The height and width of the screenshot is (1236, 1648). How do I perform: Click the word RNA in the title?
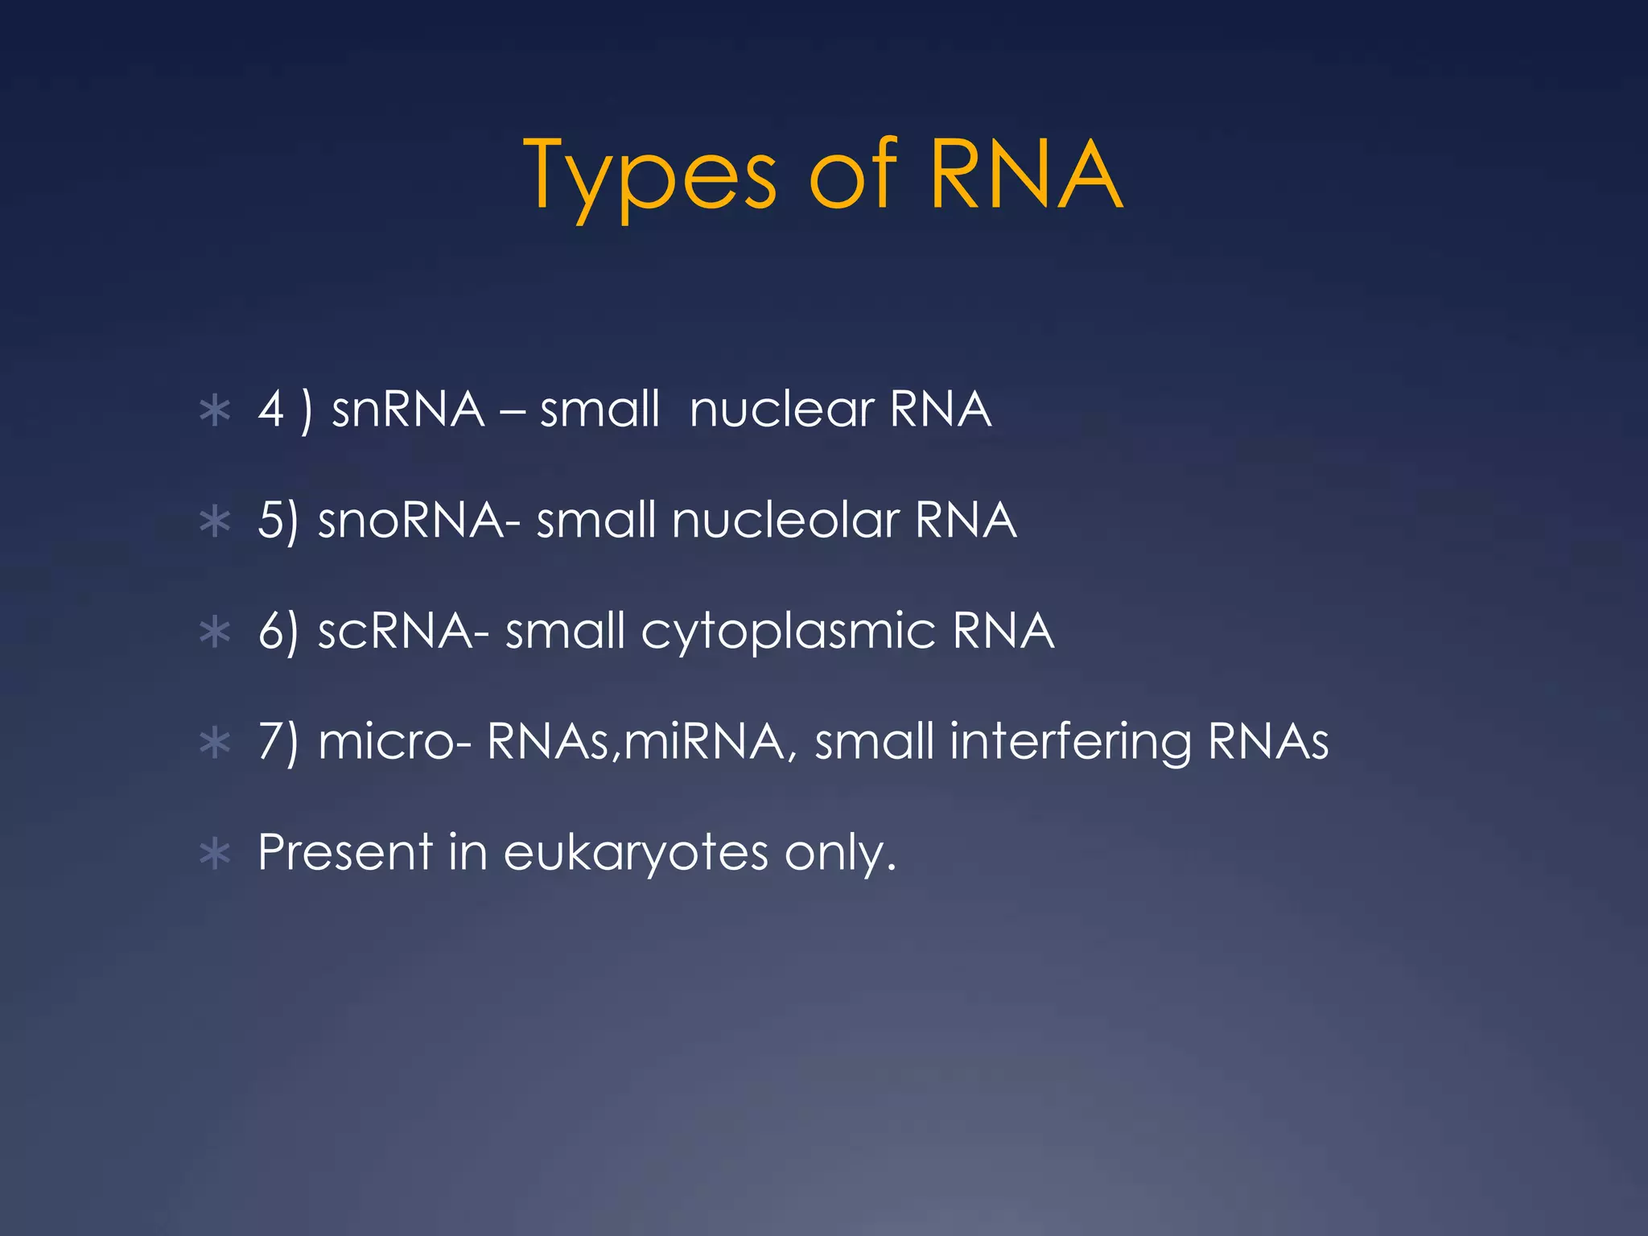[1025, 175]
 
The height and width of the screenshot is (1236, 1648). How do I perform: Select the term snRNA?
[408, 410]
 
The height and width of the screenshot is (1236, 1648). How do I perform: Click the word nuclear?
[781, 410]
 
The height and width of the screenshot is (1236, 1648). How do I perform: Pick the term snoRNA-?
[419, 521]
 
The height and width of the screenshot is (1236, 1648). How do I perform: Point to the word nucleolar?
[785, 521]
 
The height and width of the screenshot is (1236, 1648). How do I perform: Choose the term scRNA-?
[403, 631]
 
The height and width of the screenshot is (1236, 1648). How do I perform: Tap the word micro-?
[394, 742]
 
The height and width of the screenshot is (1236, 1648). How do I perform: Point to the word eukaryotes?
[636, 854]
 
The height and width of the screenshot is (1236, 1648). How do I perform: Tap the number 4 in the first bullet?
[272, 410]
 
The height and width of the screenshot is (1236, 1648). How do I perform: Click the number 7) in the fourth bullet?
[278, 742]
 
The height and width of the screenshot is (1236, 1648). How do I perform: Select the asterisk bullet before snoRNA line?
[215, 521]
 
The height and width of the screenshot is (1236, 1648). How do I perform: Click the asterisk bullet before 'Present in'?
[215, 854]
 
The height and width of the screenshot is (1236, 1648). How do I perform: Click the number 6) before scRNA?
[278, 632]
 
